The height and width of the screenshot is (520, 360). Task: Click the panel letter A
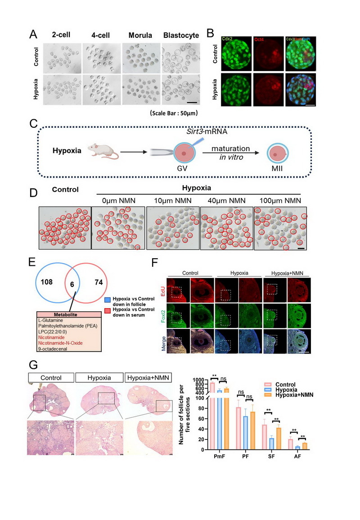pos(33,34)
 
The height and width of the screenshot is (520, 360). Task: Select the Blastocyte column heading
pos(181,36)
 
